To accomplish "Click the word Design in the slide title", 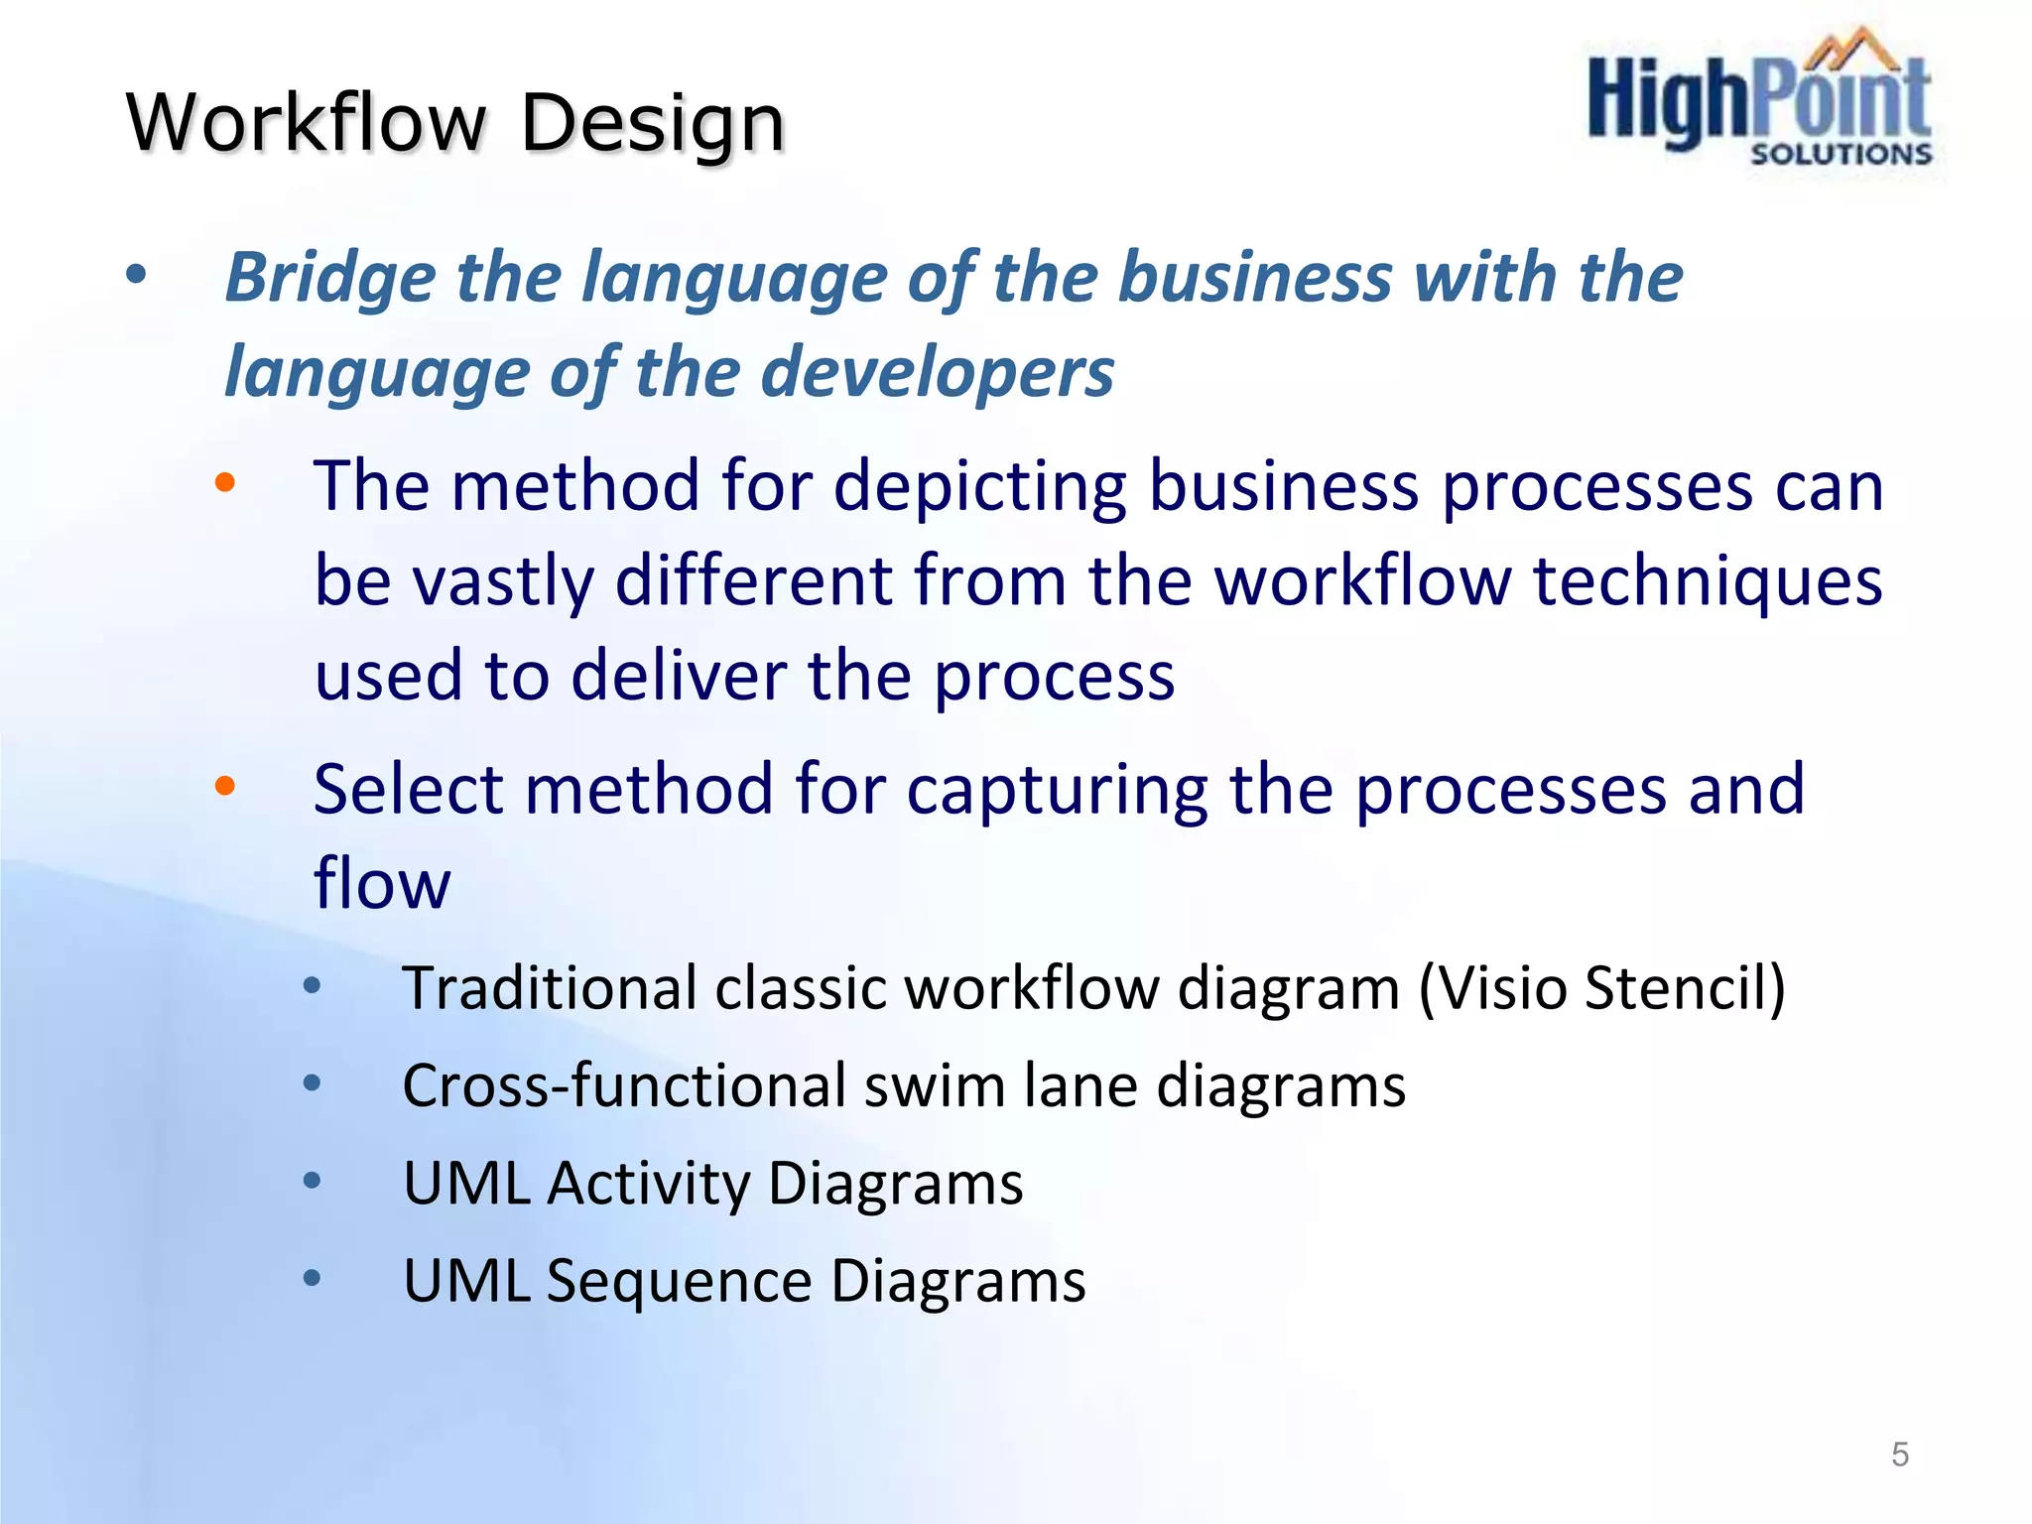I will [x=653, y=124].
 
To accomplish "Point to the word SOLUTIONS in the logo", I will [x=1841, y=154].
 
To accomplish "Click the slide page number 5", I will [x=1899, y=1455].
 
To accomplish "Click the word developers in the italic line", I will [x=938, y=372].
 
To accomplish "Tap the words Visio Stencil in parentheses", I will [x=1600, y=988].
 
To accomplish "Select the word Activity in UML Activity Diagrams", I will [x=649, y=1183].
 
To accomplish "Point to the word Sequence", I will [x=679, y=1280].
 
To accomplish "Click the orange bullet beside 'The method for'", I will [x=225, y=483].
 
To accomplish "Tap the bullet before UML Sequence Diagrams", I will [x=312, y=1277].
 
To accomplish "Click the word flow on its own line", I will [x=382, y=883].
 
